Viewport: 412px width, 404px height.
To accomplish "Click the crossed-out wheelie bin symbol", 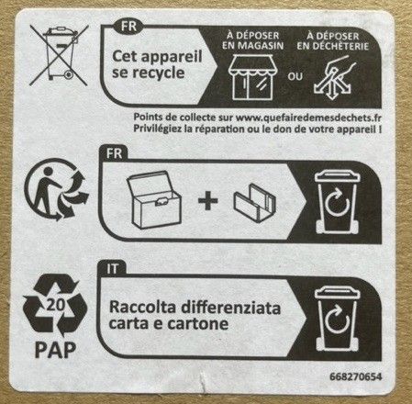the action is [x=59, y=55].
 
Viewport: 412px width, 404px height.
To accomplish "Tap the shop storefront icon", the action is [x=251, y=77].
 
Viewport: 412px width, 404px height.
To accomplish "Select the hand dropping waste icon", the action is [x=335, y=78].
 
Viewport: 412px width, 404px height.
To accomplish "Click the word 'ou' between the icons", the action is [x=295, y=76].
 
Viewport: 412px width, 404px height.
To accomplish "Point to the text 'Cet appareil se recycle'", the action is [x=157, y=64].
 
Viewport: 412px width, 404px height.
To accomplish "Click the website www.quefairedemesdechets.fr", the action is [x=309, y=118].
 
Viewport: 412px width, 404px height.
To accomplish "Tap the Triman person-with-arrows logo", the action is [x=56, y=189].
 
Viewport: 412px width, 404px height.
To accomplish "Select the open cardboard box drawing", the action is [x=154, y=199].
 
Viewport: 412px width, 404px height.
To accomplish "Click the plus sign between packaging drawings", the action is [x=208, y=201].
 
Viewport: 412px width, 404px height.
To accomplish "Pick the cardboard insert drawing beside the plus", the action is [x=255, y=203].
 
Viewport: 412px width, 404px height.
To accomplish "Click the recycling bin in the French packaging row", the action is [x=337, y=202].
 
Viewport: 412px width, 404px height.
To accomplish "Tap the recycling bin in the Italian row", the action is [x=337, y=319].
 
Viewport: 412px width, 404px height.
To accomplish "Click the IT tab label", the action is [x=112, y=269].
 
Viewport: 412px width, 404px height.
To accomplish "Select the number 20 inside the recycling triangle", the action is [x=55, y=305].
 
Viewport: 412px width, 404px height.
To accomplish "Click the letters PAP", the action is [x=55, y=350].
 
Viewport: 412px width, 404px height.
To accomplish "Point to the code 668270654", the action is [x=356, y=376].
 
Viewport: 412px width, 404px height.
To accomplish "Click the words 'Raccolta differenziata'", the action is [x=195, y=308].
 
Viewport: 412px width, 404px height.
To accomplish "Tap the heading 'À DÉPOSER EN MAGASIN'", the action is [x=253, y=40].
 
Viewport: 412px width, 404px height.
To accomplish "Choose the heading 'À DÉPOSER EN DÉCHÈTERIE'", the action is [x=333, y=41].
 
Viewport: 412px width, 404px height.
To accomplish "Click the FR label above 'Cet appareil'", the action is [x=128, y=27].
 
